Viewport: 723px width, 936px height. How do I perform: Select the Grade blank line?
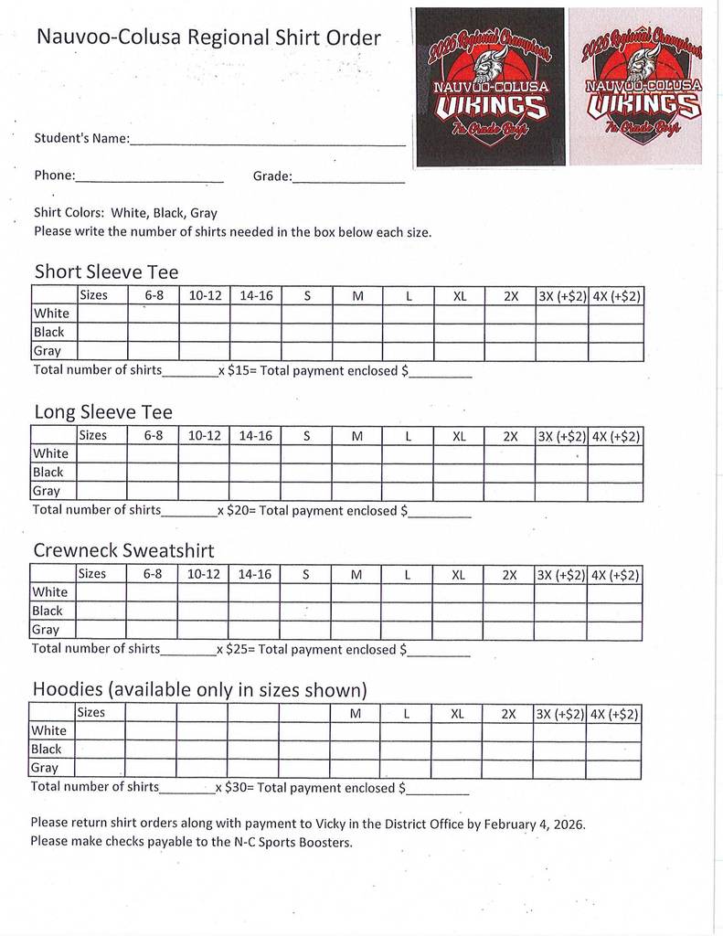point(348,179)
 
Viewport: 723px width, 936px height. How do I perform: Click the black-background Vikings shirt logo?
point(488,87)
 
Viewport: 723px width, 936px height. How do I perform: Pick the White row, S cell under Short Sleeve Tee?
point(307,314)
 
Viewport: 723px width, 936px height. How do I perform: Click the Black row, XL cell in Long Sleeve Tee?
point(459,473)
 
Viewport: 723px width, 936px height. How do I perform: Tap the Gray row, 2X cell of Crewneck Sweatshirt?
point(509,629)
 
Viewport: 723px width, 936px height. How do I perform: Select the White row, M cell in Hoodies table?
point(356,730)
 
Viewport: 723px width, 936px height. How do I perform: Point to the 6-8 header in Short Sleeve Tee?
point(154,296)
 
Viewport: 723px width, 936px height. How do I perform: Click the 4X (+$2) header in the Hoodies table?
point(614,713)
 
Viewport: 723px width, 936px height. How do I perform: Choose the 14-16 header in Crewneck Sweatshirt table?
point(255,575)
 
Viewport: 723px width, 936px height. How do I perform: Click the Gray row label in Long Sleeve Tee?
point(47,491)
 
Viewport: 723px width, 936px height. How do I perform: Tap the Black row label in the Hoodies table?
point(47,750)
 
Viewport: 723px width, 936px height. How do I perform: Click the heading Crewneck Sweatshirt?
point(123,550)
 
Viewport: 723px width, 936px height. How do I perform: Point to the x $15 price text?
point(236,371)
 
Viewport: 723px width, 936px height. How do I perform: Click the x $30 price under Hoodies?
point(233,787)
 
